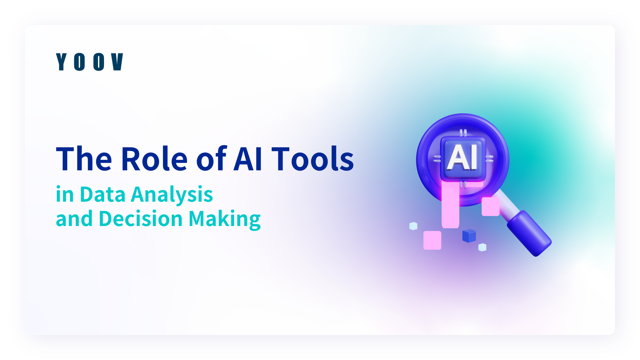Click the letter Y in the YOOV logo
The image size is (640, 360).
(62, 62)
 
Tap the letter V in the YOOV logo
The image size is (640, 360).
(117, 62)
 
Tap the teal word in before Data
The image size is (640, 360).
(65, 194)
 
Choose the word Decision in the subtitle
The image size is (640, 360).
(141, 219)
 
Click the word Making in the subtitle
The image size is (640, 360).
(225, 220)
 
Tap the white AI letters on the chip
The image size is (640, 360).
(462, 157)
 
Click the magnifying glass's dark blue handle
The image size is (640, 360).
(529, 233)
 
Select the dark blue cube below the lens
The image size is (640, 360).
(469, 236)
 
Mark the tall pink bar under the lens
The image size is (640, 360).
(450, 205)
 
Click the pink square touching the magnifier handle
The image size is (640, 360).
(491, 206)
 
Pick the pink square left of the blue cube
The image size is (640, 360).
(432, 240)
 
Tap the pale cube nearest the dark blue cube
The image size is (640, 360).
(482, 247)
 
